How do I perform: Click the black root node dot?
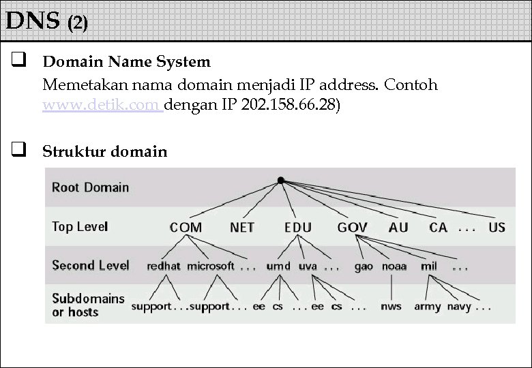pos(280,180)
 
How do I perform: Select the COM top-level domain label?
pos(186,228)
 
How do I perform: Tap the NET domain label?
pos(241,228)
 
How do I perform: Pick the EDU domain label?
pos(297,228)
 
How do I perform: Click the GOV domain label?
pos(352,228)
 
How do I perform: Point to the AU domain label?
pos(398,228)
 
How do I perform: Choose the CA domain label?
pos(438,228)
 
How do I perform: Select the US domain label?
pos(497,228)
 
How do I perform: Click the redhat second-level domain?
pos(164,266)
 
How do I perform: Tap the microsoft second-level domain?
pos(211,266)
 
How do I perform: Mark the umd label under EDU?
pos(278,266)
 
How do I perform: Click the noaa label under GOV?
pos(394,266)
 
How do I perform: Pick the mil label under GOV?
pos(429,266)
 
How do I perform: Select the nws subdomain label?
pos(391,307)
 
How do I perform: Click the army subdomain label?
pos(428,307)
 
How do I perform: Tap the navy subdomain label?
pos(459,307)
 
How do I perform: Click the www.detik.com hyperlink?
pos(102,106)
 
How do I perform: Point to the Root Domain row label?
pos(90,187)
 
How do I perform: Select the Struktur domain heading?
pos(104,151)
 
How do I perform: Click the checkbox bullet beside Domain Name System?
pos(18,62)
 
